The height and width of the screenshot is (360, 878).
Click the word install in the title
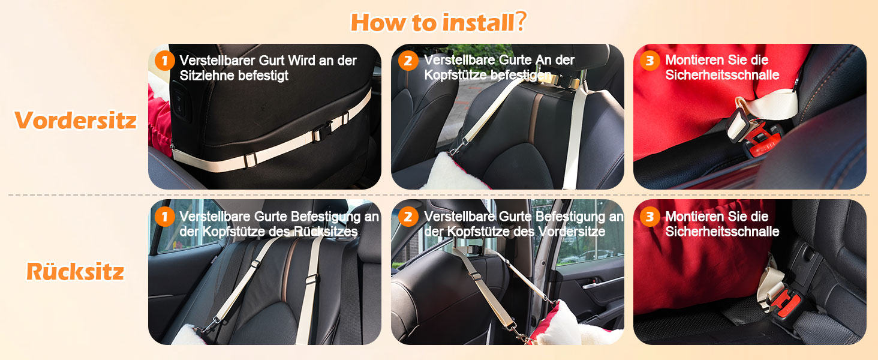click(478, 22)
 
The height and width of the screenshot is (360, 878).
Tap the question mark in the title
click(521, 21)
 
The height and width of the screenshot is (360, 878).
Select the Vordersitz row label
click(76, 120)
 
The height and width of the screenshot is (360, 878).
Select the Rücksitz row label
click(75, 271)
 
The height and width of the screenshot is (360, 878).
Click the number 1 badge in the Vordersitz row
click(164, 61)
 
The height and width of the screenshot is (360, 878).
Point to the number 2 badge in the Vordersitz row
click(408, 61)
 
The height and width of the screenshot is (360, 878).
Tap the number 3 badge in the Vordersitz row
click(650, 61)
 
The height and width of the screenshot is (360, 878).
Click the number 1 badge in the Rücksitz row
click(164, 217)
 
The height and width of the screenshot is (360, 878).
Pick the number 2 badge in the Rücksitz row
click(408, 217)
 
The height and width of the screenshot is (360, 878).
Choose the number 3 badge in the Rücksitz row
click(650, 217)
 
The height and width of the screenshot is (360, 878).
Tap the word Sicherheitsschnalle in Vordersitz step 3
click(722, 74)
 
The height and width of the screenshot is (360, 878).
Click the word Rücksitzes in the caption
click(326, 232)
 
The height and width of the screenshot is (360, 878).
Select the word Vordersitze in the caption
click(572, 232)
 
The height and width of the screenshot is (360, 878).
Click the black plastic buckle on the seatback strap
click(321, 133)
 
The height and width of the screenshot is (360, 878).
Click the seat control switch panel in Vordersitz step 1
click(180, 103)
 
